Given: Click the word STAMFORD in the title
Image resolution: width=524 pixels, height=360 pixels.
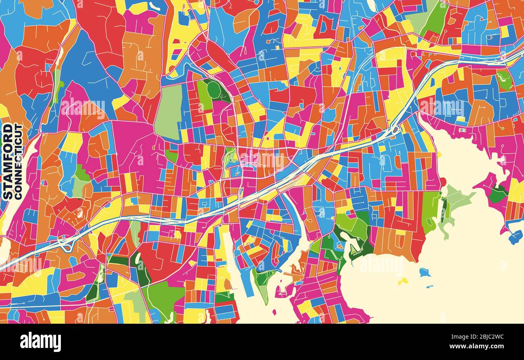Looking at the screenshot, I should click(x=7, y=161).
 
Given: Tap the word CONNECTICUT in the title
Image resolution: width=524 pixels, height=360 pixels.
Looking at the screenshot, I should click(x=19, y=161).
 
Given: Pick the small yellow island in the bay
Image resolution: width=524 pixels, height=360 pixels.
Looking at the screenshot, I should click(x=403, y=281).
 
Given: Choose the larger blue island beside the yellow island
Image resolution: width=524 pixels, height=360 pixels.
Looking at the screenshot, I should click(x=424, y=273).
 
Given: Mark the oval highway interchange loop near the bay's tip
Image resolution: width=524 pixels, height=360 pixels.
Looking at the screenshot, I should click(x=395, y=130).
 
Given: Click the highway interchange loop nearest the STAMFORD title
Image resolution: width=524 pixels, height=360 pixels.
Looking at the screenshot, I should click(x=66, y=243).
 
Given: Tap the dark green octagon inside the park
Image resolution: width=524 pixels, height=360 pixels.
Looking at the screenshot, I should click(x=214, y=90).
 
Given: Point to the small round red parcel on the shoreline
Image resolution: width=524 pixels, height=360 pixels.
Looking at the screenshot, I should click(x=443, y=182).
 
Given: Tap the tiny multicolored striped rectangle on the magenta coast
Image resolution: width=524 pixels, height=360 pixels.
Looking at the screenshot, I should click(x=462, y=130).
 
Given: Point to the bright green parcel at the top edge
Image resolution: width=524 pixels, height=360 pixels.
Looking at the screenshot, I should click(x=435, y=18).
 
